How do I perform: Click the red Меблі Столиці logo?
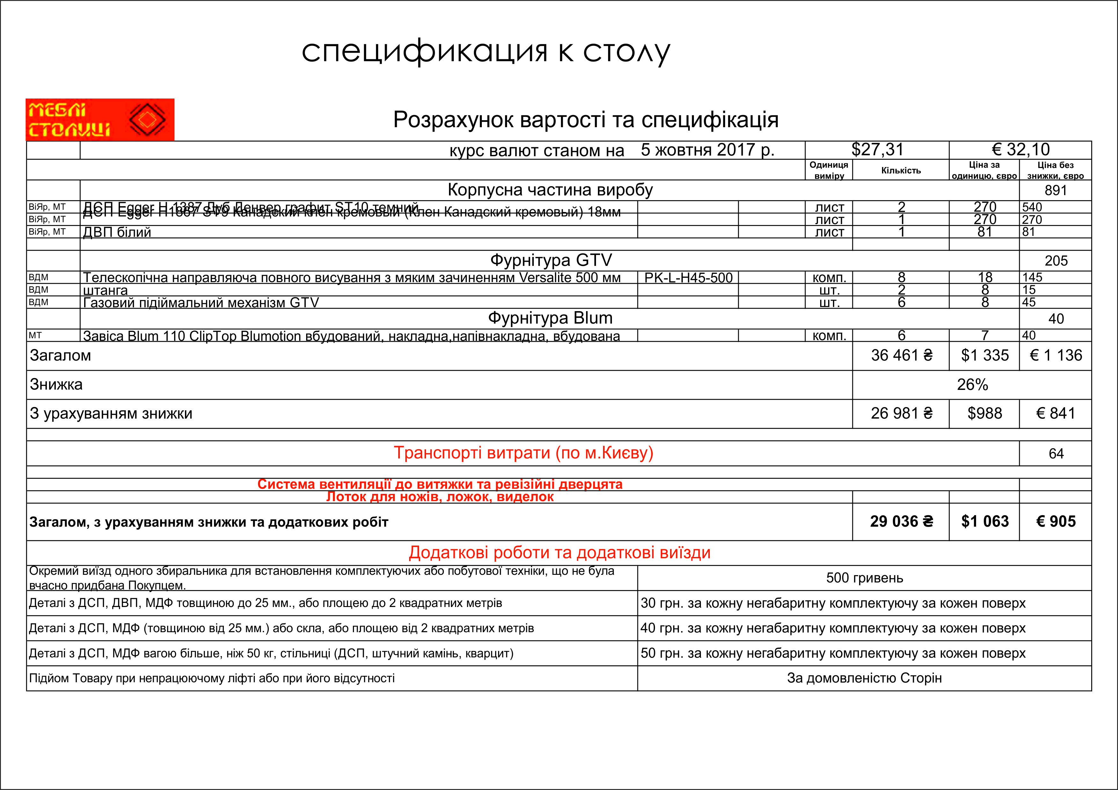click(100, 120)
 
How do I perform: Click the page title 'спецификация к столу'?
click(485, 52)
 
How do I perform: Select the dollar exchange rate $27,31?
click(877, 150)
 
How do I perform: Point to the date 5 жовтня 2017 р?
click(707, 150)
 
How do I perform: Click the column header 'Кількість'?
click(901, 170)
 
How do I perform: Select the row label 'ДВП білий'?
click(117, 232)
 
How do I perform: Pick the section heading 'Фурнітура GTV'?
click(551, 260)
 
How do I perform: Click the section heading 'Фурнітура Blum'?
click(550, 318)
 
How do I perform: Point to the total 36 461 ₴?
click(901, 356)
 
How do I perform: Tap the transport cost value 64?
click(1056, 454)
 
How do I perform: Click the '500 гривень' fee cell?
click(864, 578)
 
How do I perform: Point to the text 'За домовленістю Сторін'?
click(864, 678)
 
